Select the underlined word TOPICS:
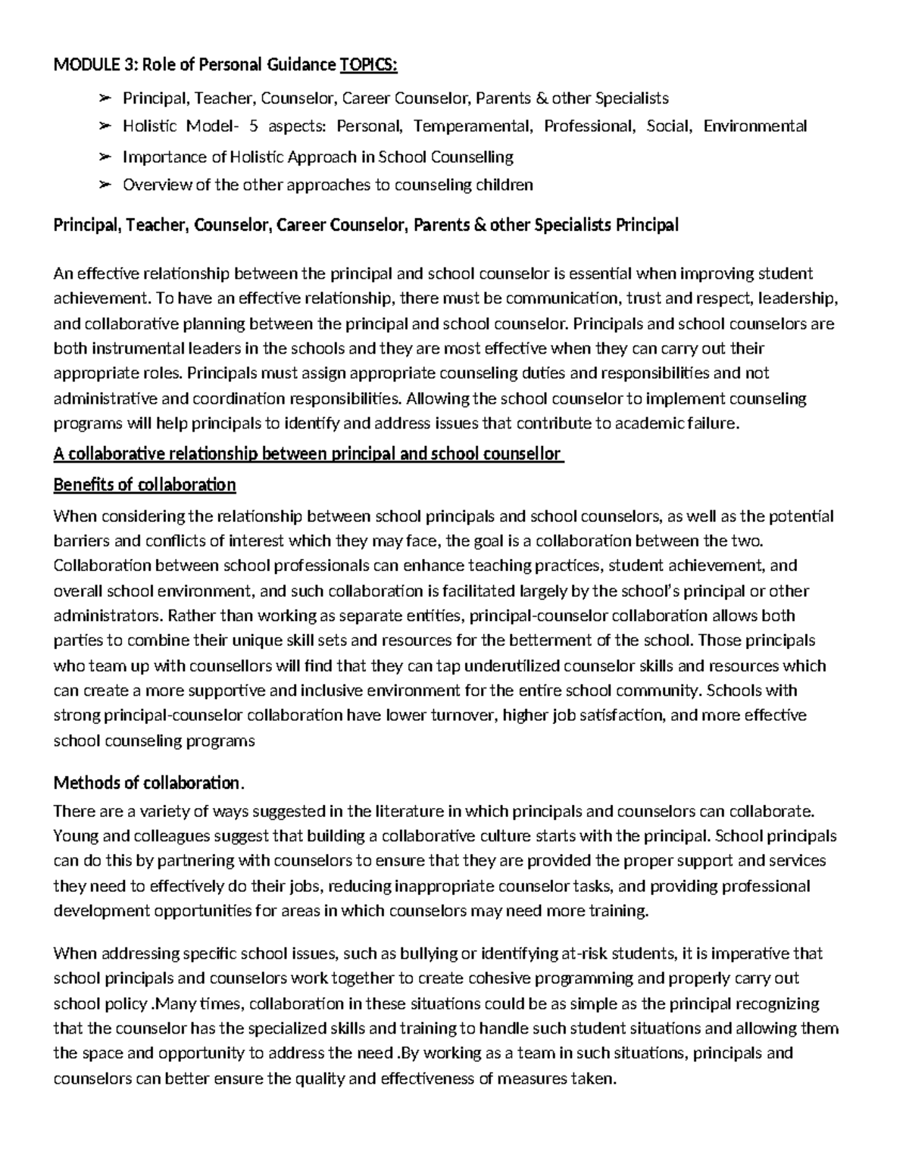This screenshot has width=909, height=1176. pyautogui.click(x=368, y=65)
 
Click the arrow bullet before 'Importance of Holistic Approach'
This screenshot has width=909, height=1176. pyautogui.click(x=105, y=157)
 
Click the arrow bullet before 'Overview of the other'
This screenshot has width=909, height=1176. pyautogui.click(x=105, y=185)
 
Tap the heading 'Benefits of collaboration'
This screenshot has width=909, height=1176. pyautogui.click(x=145, y=485)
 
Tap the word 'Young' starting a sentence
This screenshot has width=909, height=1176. pyautogui.click(x=73, y=836)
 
